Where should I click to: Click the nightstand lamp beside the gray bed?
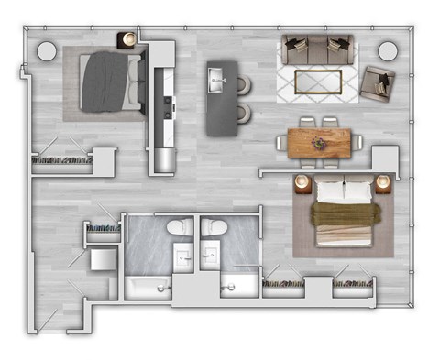point(128,38)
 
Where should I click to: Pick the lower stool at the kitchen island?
point(243,113)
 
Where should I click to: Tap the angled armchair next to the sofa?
point(376,82)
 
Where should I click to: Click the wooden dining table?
point(319,142)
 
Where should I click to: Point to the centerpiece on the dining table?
point(319,142)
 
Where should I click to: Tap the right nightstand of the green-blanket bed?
point(384,184)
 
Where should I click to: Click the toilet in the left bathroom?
point(178,229)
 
